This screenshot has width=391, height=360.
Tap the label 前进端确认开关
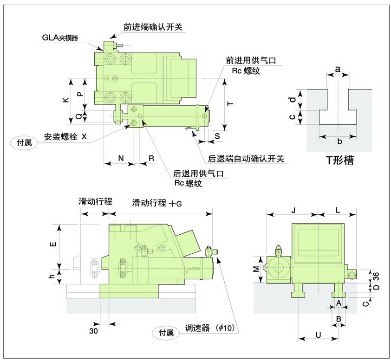[x=153, y=27]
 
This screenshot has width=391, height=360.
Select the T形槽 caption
[x=339, y=161]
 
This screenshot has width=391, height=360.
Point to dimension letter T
[x=230, y=105]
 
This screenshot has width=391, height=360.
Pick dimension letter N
[x=120, y=158]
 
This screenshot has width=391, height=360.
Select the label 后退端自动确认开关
[x=246, y=159]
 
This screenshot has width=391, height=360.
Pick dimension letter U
[x=318, y=334]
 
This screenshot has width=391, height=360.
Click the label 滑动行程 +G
[x=157, y=203]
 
